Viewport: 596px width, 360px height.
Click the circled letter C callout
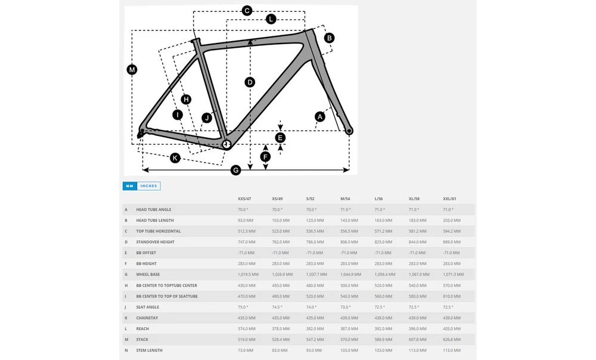click(247, 10)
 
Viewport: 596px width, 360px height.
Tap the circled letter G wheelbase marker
click(236, 170)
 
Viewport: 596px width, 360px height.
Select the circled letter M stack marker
click(132, 70)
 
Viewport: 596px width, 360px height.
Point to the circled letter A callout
click(320, 116)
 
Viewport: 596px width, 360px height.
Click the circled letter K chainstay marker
click(175, 158)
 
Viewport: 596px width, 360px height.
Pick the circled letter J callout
click(207, 118)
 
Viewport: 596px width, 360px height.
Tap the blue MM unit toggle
click(130, 186)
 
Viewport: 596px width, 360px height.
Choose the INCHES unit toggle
click(148, 186)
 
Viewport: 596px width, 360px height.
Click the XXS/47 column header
click(244, 198)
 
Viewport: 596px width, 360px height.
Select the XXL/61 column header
click(449, 198)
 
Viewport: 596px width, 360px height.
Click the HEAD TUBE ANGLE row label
click(154, 210)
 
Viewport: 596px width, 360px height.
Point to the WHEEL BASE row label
click(148, 275)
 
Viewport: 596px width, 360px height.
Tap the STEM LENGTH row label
click(149, 350)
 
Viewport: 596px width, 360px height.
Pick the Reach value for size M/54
click(349, 329)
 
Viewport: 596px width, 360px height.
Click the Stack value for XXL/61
click(451, 340)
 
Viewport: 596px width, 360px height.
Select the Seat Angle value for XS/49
click(278, 307)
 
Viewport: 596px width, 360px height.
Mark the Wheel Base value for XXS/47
click(248, 275)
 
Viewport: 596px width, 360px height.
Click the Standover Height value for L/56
click(383, 242)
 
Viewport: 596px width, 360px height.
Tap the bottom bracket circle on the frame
click(226, 144)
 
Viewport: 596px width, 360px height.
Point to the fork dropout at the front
click(349, 131)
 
